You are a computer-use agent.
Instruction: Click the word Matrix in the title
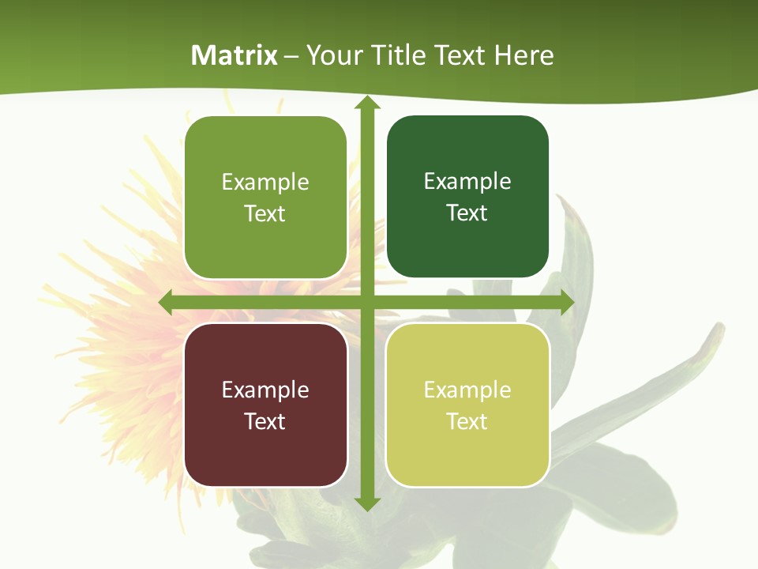234,55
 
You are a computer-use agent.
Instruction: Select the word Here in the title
524,55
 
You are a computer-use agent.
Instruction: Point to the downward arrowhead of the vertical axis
366,503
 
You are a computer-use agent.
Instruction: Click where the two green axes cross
366,303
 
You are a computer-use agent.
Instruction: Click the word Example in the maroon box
265,390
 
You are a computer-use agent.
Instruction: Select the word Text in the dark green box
467,213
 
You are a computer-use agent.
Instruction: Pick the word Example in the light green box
265,183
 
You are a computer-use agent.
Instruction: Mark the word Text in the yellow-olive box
467,421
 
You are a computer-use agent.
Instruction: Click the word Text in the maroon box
265,421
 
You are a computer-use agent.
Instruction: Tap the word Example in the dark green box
467,182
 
